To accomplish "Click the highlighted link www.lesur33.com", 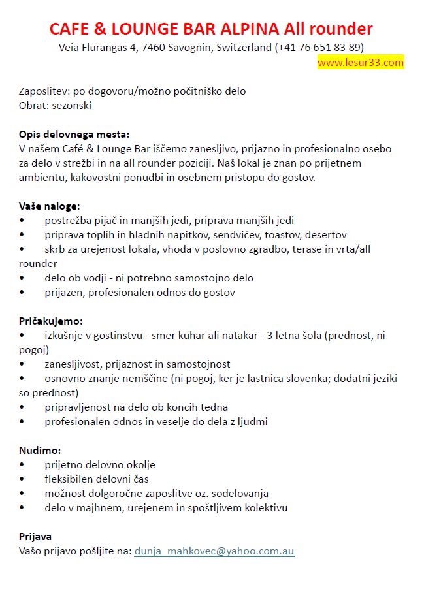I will (361, 63).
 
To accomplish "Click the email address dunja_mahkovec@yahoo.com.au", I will (214, 551).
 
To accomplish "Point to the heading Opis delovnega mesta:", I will (74, 135).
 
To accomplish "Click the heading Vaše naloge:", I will (50, 206).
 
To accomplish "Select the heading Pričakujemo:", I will (51, 321).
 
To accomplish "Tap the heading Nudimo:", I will (40, 451).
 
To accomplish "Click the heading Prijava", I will (35, 537).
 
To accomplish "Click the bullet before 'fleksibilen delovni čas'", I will (22, 479).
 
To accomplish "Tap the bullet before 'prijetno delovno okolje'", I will (22, 465).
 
